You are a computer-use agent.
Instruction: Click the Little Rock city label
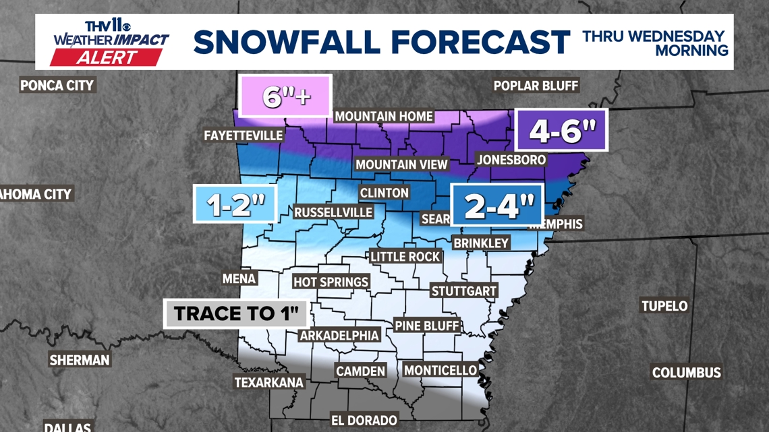(405, 257)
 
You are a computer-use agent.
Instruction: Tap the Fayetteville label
(244, 135)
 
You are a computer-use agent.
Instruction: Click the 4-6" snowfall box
(561, 130)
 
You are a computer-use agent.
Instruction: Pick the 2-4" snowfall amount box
(498, 205)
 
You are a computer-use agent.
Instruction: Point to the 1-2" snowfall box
(235, 204)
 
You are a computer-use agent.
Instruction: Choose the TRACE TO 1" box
(235, 313)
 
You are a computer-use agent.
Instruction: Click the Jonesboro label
(511, 160)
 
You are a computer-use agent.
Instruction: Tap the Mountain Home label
(384, 116)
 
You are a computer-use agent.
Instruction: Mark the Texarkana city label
(268, 382)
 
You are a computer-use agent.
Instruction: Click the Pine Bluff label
(427, 326)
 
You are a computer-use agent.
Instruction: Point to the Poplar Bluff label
(536, 86)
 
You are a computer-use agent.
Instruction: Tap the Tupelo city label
(664, 306)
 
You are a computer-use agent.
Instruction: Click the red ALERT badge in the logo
(106, 57)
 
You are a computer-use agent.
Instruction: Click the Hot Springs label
(331, 282)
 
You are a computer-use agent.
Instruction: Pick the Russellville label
(333, 212)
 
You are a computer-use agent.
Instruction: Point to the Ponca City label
(57, 86)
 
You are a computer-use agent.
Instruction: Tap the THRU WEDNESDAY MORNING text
(654, 42)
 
